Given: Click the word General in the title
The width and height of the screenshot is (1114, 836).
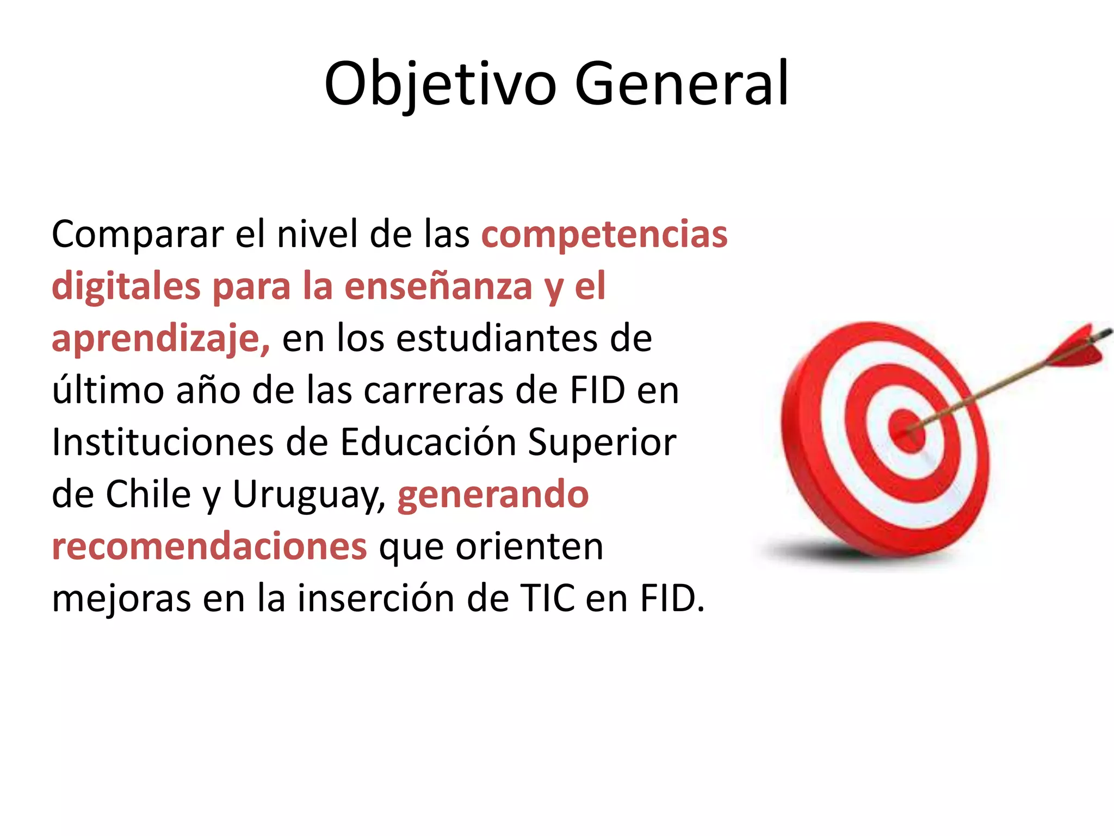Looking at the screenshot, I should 681,84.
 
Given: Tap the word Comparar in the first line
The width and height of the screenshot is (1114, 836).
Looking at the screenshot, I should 138,235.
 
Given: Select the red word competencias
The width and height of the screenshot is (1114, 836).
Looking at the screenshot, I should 604,235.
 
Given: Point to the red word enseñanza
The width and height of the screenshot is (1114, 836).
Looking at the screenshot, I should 438,287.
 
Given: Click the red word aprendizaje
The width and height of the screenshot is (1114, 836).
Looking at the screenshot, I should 160,339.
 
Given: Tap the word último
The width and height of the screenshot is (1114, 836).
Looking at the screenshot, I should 108,391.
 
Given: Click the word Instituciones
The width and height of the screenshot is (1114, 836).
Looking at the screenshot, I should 163,442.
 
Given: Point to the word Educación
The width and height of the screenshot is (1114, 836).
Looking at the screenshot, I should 428,442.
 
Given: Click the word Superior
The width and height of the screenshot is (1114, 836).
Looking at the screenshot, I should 602,442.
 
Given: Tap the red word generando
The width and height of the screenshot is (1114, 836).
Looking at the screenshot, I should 493,495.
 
